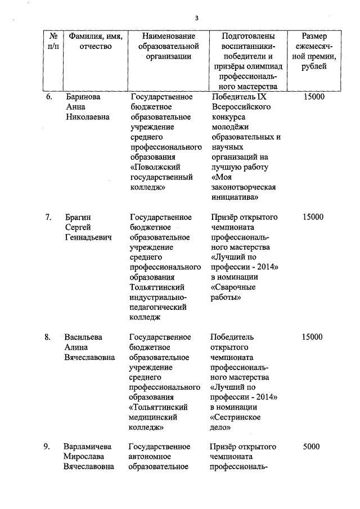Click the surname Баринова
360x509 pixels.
pos(83,97)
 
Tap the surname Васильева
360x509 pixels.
pos(83,337)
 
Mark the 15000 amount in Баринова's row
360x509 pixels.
pos(313,97)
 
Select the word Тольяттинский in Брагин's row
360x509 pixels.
pos(157,287)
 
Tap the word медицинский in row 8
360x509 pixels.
pos(154,417)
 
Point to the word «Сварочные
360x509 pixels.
pos(233,287)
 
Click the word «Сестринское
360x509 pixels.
pos(235,417)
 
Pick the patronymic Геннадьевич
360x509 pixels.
pos(88,237)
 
